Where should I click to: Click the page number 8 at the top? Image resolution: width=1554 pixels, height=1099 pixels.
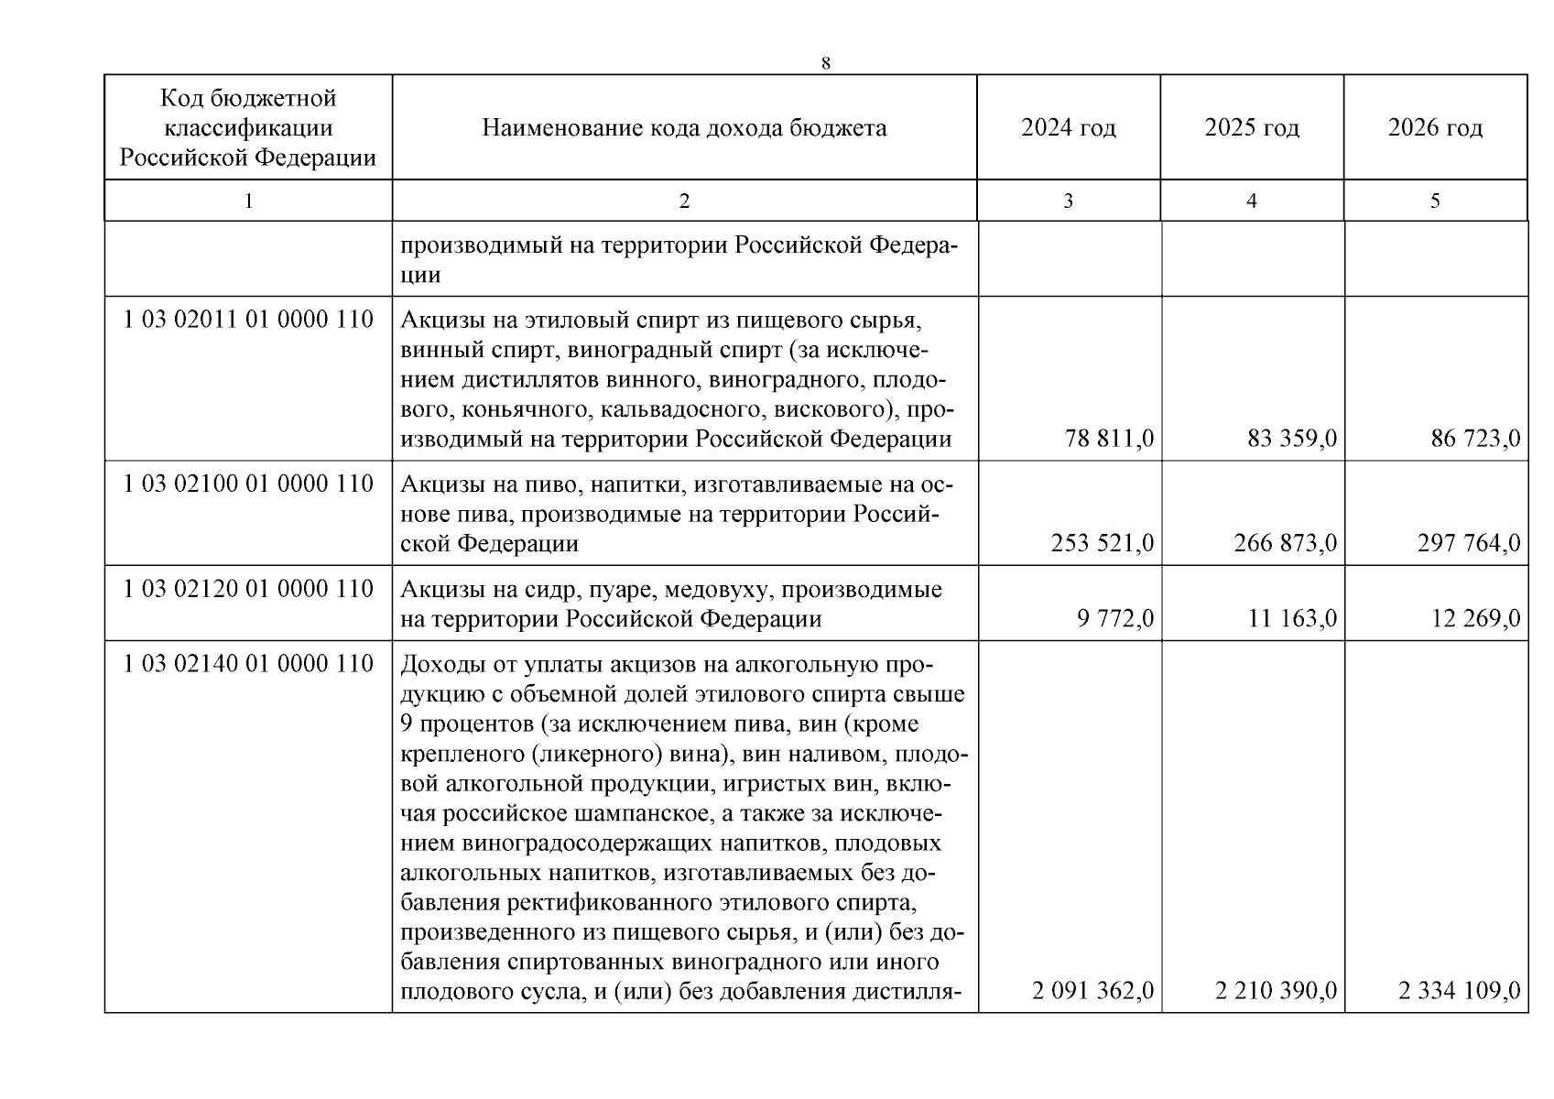[826, 63]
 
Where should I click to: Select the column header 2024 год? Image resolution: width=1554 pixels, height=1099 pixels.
[1069, 127]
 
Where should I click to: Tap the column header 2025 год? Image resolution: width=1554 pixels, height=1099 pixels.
[1252, 127]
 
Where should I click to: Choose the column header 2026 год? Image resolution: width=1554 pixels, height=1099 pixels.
[1435, 127]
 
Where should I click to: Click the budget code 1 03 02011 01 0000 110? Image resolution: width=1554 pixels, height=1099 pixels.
[248, 320]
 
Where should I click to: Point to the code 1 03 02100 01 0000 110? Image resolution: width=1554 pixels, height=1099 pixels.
[248, 484]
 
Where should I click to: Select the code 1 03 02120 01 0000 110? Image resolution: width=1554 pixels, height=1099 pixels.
[248, 589]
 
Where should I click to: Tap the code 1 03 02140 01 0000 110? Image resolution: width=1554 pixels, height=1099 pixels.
[248, 663]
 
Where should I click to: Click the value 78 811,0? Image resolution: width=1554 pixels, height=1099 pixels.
[1109, 439]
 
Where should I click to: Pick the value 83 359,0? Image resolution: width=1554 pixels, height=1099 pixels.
[1292, 439]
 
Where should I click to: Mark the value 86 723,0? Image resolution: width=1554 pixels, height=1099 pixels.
[1475, 439]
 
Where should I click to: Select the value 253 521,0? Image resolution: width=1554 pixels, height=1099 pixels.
[1102, 543]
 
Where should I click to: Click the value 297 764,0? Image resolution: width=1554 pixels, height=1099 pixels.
[1468, 543]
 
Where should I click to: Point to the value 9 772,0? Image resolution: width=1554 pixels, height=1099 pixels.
[1114, 619]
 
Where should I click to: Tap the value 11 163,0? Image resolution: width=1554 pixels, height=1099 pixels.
[1292, 619]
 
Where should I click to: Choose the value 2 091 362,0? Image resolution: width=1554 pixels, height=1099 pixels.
[1092, 990]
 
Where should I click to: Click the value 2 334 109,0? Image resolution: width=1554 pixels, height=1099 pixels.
[1459, 990]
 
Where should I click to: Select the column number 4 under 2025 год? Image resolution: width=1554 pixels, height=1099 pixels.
[1252, 201]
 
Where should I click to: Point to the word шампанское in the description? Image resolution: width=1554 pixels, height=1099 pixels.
[618, 814]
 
